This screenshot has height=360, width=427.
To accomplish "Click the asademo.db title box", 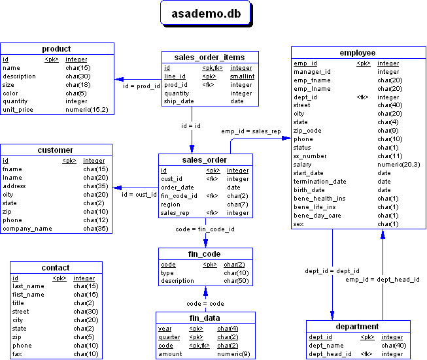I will coord(205,14).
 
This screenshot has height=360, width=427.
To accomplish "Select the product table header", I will coord(56,49).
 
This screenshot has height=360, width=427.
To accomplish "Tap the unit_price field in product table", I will coord(18,110).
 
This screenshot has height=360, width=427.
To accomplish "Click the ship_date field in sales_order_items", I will coord(179,101).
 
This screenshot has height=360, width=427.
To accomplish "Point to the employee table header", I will coord(358,52).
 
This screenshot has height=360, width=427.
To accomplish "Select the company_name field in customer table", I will coord(27,229).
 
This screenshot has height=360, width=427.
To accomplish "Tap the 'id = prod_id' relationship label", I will coord(141,86).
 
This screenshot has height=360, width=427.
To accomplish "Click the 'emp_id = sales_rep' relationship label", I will coord(250,131).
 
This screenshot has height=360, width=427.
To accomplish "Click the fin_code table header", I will coord(205,253).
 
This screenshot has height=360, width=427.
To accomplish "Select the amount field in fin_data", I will coord(170,354).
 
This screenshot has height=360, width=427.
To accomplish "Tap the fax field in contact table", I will coord(17,354).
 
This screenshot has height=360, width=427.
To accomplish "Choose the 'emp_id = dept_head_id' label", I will coord(383,279).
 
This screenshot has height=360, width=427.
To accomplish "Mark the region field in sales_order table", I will coord(170,205).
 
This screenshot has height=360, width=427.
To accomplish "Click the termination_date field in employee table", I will coord(320,182).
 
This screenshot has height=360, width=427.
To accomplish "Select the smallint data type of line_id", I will coord(241,76).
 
